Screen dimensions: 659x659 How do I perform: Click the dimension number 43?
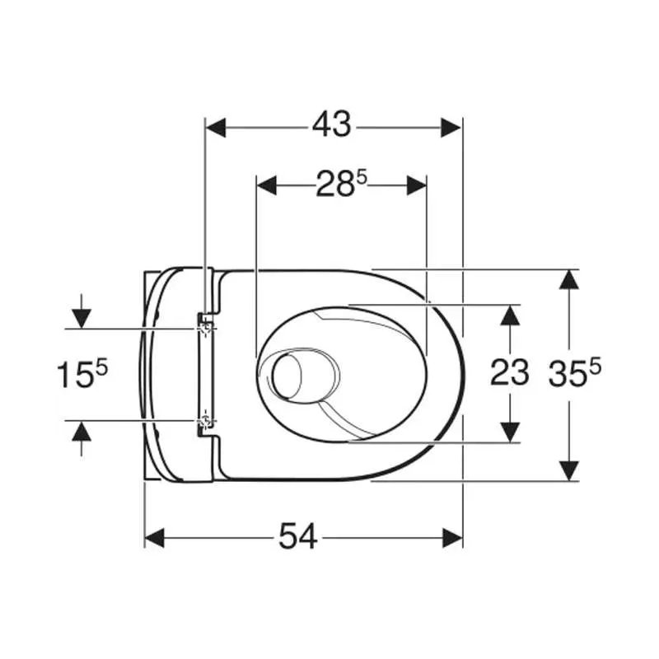click(331, 124)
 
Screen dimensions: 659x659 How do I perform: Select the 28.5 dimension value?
click(341, 184)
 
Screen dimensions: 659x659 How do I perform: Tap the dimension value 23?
click(509, 373)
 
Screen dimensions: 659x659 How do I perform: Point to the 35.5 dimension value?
click(574, 373)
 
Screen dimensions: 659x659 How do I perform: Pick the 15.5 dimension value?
click(82, 374)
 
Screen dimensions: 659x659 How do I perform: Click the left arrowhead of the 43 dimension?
click(216, 128)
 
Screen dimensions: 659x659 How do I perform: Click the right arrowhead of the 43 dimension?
click(451, 128)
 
